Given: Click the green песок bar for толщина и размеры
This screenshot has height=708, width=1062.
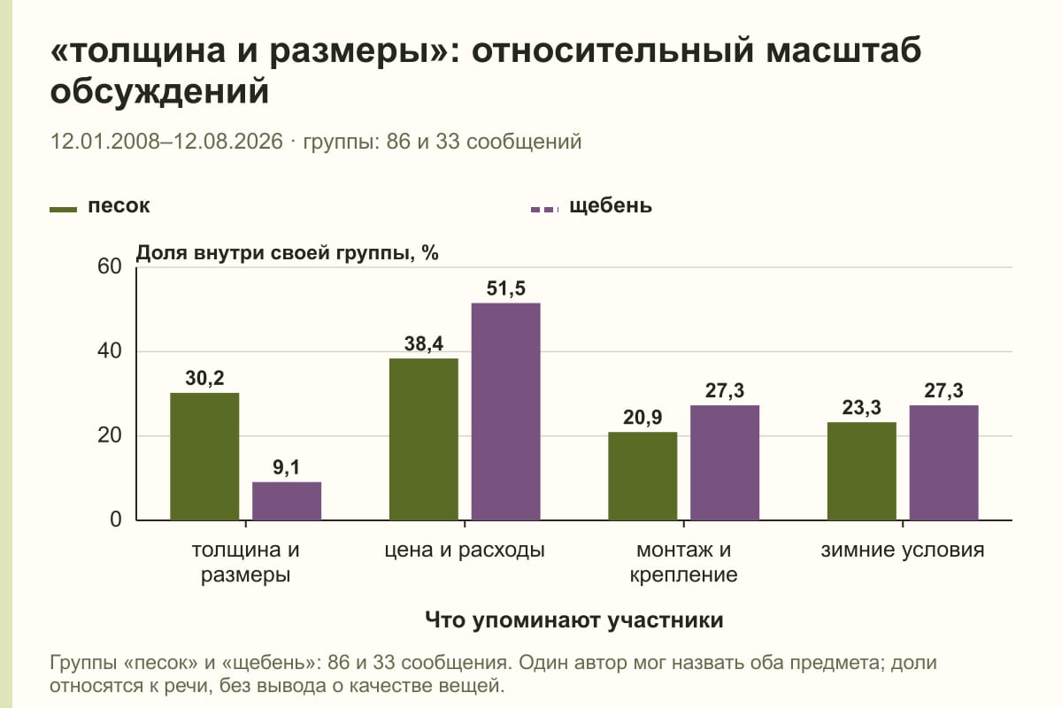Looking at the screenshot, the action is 204,456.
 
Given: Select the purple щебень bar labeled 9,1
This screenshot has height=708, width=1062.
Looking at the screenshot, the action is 287,501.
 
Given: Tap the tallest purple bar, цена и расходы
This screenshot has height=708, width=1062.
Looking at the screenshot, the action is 505,412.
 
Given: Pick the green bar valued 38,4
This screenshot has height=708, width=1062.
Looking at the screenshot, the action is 423,439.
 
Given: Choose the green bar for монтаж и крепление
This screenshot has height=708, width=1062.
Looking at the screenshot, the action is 643,476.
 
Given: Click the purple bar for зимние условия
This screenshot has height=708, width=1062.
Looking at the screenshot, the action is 943,462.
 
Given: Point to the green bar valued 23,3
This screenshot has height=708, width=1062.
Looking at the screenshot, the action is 861,471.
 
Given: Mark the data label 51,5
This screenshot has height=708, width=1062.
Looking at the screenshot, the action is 506,289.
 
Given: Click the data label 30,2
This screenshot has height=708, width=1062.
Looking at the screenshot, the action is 204,378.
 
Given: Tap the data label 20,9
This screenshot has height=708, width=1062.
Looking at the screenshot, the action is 643,418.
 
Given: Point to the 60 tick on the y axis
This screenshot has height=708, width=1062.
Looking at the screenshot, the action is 110,266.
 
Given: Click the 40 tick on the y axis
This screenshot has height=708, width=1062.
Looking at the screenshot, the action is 110,351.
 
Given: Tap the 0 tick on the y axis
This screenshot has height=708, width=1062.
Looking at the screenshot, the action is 116,519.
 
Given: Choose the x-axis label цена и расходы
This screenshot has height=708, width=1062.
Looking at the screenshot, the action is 465,550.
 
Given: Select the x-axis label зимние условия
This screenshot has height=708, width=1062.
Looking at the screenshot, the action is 903,550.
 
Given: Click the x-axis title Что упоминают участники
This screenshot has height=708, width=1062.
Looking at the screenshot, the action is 574,620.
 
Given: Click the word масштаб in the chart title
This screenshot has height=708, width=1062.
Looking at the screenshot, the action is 843,50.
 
